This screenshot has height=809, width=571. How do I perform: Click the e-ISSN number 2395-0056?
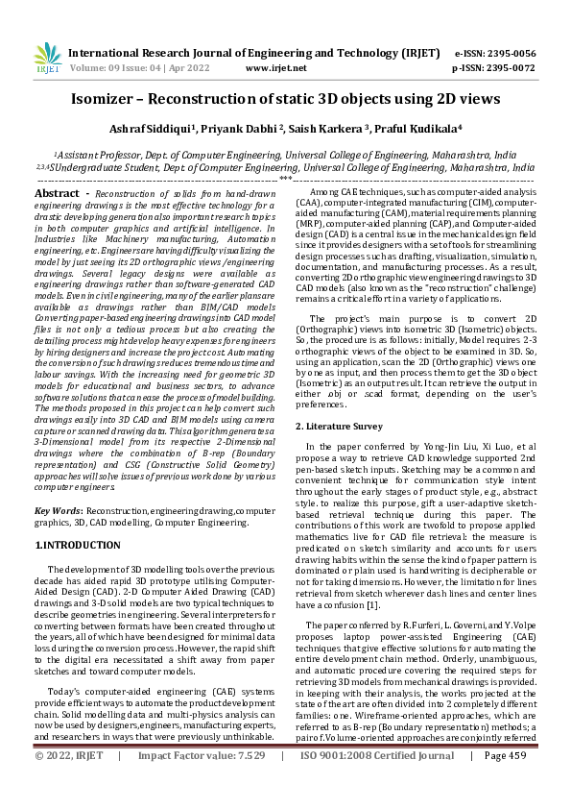click(x=508, y=53)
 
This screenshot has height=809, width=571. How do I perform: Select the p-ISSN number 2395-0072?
click(x=508, y=68)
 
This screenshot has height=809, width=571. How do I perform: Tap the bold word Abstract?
click(x=57, y=193)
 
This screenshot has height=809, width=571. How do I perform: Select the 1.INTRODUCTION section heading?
click(x=79, y=545)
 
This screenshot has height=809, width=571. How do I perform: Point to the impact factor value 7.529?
click(x=247, y=782)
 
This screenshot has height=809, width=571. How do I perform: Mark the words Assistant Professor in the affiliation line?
click(x=94, y=154)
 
